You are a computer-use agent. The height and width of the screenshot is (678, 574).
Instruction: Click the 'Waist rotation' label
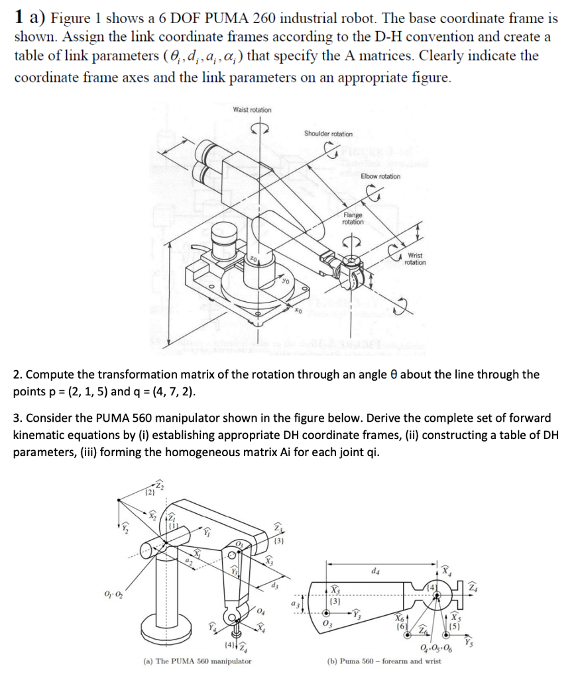click(x=252, y=109)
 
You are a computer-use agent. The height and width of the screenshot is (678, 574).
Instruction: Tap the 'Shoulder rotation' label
click(x=328, y=134)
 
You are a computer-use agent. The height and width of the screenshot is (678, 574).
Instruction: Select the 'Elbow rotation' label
click(x=380, y=176)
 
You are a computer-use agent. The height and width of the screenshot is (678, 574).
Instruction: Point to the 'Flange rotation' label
click(x=353, y=218)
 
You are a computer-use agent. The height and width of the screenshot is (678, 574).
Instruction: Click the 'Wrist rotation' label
click(x=415, y=258)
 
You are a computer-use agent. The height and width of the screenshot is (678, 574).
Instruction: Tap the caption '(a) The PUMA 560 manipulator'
click(x=197, y=661)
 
